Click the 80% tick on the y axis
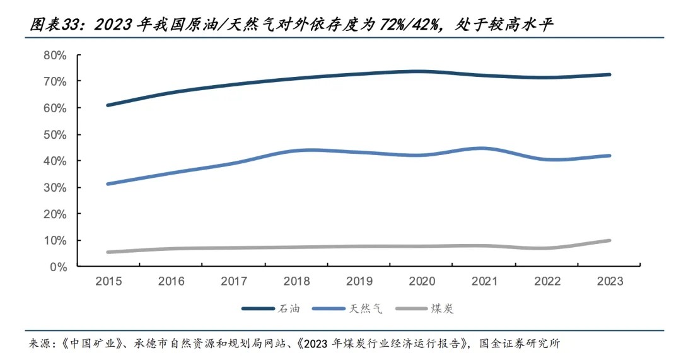click(55, 55)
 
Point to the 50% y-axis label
click(55, 134)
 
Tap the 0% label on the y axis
click(58, 267)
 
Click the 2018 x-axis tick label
click(296, 282)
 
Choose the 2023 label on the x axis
click(610, 282)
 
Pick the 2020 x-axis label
click(421, 282)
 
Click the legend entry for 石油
click(271, 309)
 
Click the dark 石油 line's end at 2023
click(609, 74)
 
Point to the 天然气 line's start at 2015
click(108, 184)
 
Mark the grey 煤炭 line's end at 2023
click(609, 240)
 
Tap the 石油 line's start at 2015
click(108, 105)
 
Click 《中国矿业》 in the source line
click(82, 344)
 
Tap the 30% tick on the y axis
click(55, 187)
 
